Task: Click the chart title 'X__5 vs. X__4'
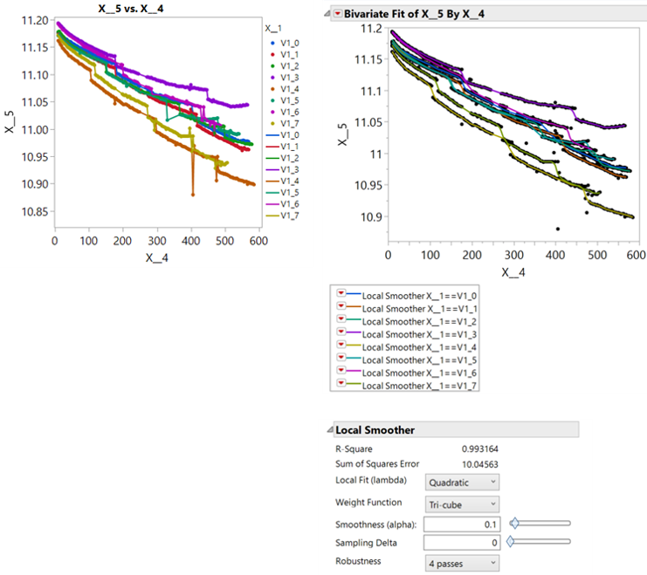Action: click(x=141, y=9)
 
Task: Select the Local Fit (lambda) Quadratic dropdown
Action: click(x=462, y=482)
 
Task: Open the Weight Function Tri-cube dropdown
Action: click(x=462, y=503)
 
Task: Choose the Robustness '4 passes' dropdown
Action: click(x=462, y=563)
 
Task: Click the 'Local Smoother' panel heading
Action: click(x=375, y=430)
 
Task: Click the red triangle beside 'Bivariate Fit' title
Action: click(x=338, y=15)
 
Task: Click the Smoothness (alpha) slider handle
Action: click(x=514, y=524)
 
